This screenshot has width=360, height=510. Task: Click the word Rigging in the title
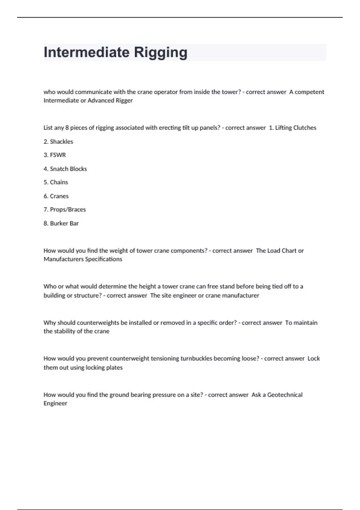(160, 52)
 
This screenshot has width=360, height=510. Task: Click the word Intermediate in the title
(86, 52)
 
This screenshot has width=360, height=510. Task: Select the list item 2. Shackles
(58, 142)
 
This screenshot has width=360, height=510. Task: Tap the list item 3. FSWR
(55, 155)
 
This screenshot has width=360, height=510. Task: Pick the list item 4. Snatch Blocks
(65, 169)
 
